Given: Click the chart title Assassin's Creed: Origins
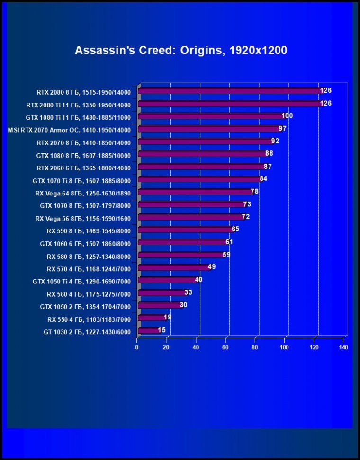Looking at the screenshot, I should click(180, 50).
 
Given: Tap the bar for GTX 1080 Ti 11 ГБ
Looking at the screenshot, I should click(211, 116).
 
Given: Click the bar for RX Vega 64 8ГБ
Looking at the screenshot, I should click(196, 192).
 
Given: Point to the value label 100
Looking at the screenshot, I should click(287, 116).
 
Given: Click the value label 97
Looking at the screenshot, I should click(283, 129).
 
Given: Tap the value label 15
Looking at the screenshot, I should click(162, 330).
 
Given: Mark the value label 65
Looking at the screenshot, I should click(235, 229).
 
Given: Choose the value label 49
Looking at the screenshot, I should click(212, 267).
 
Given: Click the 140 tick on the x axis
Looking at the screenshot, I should click(343, 348).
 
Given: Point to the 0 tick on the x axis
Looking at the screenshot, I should click(137, 348).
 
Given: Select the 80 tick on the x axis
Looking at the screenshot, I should click(255, 348).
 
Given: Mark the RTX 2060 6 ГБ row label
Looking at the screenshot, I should click(84, 168).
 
